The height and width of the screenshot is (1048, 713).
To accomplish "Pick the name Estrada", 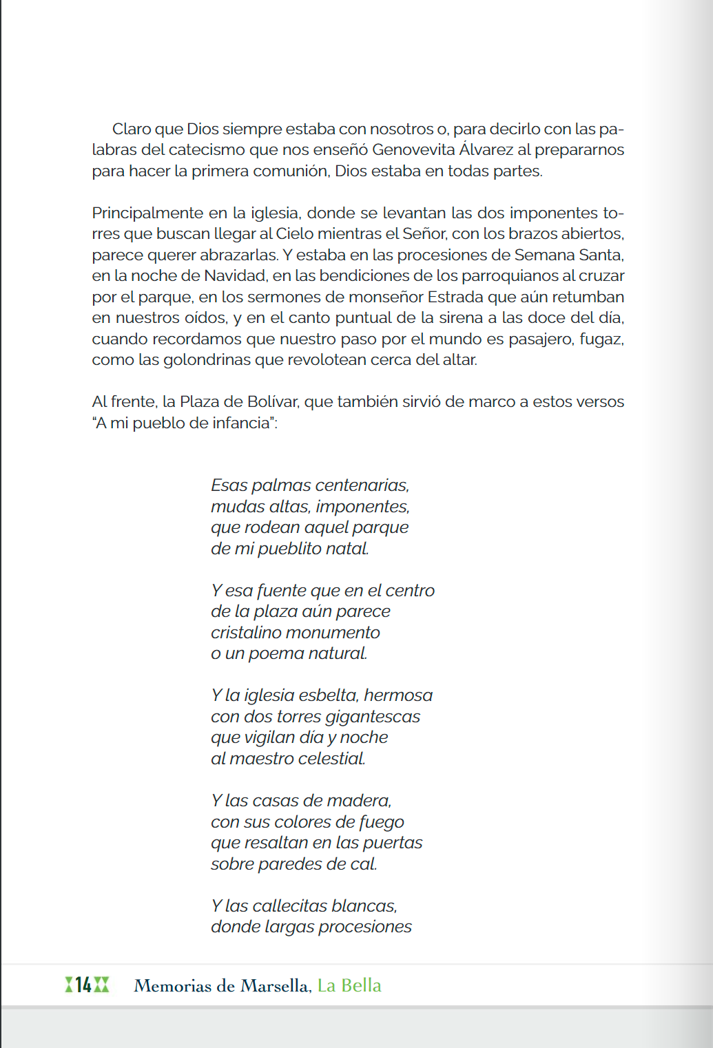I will [x=455, y=297].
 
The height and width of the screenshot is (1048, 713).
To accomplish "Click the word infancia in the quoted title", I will [x=241, y=423].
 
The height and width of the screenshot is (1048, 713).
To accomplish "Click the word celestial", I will [x=331, y=759].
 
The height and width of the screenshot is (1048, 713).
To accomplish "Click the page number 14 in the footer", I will [x=83, y=985].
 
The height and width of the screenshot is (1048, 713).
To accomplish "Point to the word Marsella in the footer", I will [x=275, y=986].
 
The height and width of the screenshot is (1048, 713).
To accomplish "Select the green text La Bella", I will [x=349, y=986].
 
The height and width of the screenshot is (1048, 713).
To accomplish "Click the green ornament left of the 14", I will [x=69, y=985].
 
